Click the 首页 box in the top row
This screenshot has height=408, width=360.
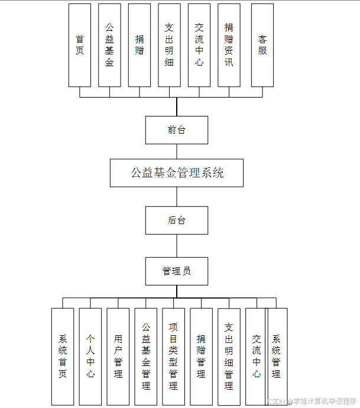pos(80,45)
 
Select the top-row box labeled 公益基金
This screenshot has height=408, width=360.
pos(109,45)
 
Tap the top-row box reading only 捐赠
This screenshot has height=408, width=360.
pos(140,45)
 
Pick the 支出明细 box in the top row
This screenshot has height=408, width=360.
pos(170,45)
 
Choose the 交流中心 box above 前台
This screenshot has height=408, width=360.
pos(199,45)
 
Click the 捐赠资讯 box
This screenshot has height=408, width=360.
pos(229,45)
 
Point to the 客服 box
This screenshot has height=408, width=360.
pos(262,45)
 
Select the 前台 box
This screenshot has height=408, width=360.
pos(177,130)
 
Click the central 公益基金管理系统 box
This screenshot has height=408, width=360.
pos(177,173)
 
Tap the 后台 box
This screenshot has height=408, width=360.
pos(177,221)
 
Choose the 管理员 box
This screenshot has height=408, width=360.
pos(177,271)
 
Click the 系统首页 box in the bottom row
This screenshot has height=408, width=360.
pos(63,357)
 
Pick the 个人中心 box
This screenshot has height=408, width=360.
pos(90,357)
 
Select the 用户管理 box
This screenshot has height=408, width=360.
pos(118,357)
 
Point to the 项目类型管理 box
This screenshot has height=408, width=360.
pos(173,357)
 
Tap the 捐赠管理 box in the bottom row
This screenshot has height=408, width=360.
pos(201,357)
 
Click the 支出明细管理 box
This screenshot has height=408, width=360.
pos(229,357)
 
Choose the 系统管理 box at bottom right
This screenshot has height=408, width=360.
pos(277,357)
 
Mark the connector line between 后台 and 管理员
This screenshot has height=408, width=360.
pos(177,246)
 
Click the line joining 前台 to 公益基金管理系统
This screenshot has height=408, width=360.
pos(177,151)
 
